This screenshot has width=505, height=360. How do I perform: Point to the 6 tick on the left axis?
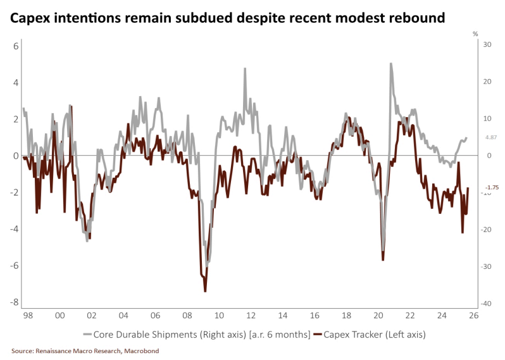coord(16,46)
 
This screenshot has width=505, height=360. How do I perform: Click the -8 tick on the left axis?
coord(15,302)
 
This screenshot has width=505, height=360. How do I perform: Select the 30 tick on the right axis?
coord(487,44)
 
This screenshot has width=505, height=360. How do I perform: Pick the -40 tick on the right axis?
coord(486,304)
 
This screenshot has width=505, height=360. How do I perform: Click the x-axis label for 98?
coord(27,315)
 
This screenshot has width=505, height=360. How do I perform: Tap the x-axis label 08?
coord(187,315)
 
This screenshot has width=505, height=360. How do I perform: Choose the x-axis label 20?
coord(378,315)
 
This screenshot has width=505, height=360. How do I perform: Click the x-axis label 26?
coord(474,315)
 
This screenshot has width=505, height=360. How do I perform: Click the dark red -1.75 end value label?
coord(492,187)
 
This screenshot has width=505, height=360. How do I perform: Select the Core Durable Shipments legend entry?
coord(196,334)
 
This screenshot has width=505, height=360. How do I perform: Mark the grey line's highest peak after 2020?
coord(391,63)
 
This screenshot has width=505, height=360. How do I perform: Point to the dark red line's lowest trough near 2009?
coord(206,291)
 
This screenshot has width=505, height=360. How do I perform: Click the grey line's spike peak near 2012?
coord(245,68)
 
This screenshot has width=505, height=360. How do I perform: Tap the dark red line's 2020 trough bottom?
coord(383,260)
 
